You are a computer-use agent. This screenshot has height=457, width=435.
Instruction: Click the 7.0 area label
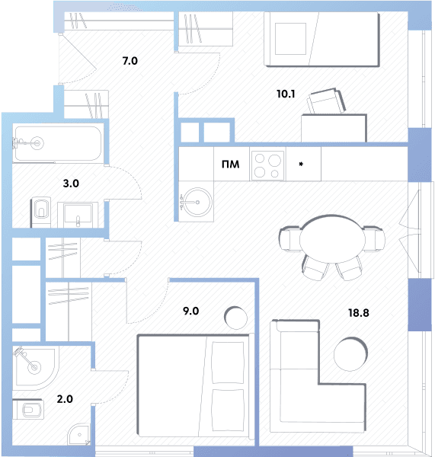point(130,61)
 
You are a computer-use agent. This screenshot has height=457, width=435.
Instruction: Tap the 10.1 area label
point(286,94)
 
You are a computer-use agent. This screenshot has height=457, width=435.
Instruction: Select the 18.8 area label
point(359,313)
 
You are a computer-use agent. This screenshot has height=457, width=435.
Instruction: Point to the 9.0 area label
point(191,311)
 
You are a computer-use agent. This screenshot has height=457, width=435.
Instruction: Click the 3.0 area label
point(71,184)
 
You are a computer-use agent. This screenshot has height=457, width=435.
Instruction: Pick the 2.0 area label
point(65,399)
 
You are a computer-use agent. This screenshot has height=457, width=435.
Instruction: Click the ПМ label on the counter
point(230,165)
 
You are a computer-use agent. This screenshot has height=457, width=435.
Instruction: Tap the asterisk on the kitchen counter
point(301,165)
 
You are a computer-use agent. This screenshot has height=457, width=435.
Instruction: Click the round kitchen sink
point(197,202)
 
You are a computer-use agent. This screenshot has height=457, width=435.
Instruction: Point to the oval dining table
point(332,239)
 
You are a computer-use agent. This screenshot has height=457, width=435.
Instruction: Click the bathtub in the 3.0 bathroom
point(58,143)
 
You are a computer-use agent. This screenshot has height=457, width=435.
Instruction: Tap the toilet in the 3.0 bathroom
point(41,212)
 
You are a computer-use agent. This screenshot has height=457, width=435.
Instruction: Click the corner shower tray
point(35,368)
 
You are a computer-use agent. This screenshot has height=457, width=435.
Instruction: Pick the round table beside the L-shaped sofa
point(350,354)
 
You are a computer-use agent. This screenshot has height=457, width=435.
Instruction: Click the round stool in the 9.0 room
point(235,318)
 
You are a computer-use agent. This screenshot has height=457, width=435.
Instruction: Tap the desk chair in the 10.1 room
point(326,101)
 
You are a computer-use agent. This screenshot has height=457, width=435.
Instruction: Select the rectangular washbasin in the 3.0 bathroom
point(78,215)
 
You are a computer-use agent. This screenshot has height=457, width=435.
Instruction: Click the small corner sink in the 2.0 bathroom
point(78,435)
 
